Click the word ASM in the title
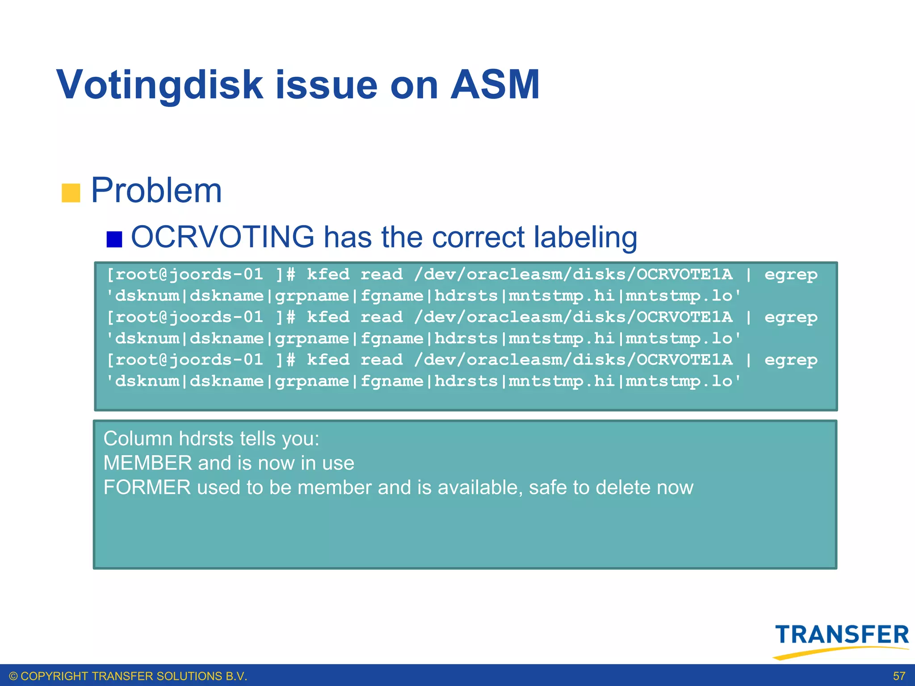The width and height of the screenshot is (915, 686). click(x=495, y=85)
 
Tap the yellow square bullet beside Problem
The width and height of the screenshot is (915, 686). click(x=71, y=193)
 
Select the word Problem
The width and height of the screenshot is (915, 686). click(x=156, y=191)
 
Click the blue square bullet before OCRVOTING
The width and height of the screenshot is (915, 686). click(x=114, y=239)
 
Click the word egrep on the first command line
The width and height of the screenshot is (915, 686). click(x=790, y=274)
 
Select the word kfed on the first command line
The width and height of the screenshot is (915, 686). click(x=328, y=274)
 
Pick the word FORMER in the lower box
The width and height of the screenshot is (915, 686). click(x=147, y=487)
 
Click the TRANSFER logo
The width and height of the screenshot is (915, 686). click(x=842, y=635)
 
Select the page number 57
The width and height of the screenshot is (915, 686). click(x=899, y=676)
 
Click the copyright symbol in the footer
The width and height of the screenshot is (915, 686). click(x=13, y=676)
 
